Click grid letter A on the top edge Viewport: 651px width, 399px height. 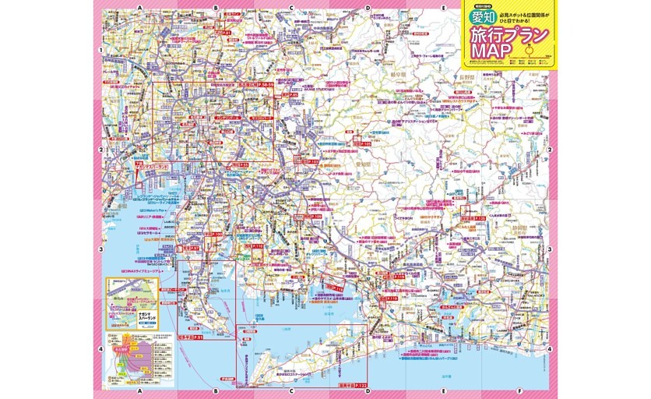tap(140, 8)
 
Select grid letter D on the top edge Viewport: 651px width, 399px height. tap(367, 8)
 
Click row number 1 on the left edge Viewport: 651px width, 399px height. tap(101, 52)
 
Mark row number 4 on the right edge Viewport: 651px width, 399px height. tap(549, 349)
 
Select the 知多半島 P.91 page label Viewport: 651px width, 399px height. tap(189, 337)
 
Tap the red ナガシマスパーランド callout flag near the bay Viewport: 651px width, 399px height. tap(153, 167)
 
